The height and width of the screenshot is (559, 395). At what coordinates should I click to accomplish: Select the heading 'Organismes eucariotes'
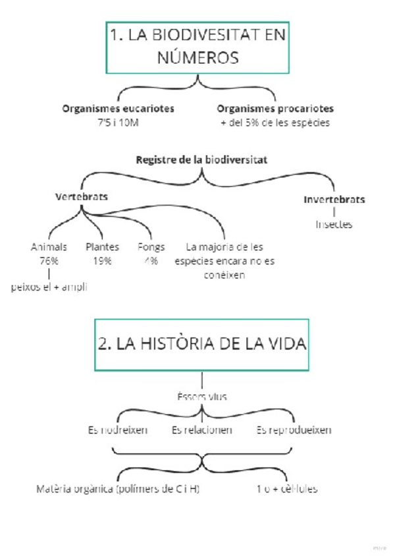tap(123, 109)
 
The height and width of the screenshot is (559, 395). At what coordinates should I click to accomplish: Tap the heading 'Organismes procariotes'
tap(275, 109)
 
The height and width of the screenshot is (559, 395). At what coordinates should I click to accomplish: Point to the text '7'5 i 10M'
tap(122, 123)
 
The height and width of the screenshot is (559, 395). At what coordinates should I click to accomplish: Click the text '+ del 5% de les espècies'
tap(275, 123)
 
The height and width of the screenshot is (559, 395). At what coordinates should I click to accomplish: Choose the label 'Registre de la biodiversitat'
tap(201, 160)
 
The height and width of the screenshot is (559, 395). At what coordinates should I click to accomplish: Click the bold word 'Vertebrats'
tap(82, 197)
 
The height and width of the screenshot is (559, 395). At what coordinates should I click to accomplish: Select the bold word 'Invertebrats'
tap(334, 200)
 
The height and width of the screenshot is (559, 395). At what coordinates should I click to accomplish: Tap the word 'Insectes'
tap(334, 225)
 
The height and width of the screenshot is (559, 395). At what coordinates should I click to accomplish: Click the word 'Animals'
tap(49, 247)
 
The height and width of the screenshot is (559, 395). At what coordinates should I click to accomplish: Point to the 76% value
tap(49, 261)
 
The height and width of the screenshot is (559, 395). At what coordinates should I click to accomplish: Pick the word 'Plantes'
tap(102, 247)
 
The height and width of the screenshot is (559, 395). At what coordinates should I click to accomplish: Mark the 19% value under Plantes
tap(102, 261)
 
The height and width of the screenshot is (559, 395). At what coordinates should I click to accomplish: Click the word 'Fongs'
tap(151, 247)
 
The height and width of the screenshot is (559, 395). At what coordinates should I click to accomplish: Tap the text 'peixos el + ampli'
tap(49, 287)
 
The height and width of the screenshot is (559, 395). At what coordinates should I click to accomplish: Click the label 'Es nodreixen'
tap(117, 430)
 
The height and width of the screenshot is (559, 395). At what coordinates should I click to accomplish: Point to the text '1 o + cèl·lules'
tap(287, 490)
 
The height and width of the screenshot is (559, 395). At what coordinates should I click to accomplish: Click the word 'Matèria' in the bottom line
tap(53, 490)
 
